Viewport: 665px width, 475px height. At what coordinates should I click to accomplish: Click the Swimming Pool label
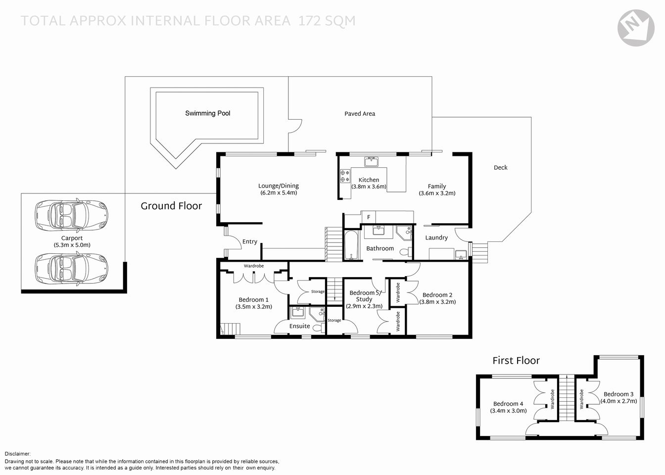pos(208,113)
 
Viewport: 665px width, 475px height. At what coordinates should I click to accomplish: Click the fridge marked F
pos(369,217)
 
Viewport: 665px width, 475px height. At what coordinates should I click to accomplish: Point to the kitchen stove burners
pos(345,176)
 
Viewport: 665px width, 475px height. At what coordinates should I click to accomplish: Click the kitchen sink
pos(371,162)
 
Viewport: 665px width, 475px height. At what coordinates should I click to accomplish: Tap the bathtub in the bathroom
pos(351,245)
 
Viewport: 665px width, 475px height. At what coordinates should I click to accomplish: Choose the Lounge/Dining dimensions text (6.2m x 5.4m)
pos(279,193)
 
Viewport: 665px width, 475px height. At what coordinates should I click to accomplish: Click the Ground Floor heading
pos(171,206)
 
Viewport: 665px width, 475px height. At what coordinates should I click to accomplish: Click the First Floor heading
pos(516,361)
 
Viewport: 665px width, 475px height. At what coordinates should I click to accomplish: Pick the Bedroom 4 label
pos(508,404)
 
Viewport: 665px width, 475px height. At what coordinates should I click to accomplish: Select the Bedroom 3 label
pos(618,394)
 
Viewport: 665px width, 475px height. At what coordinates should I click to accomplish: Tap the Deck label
pos(501,168)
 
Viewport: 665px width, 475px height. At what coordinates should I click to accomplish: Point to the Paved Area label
pos(360,114)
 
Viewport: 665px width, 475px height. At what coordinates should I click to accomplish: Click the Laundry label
pos(436,238)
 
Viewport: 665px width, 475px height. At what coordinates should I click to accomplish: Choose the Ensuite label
pos(300,327)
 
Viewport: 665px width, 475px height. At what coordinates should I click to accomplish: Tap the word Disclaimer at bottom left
pos(18,454)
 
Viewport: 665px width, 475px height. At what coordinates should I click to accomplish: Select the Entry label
pos(250,242)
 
